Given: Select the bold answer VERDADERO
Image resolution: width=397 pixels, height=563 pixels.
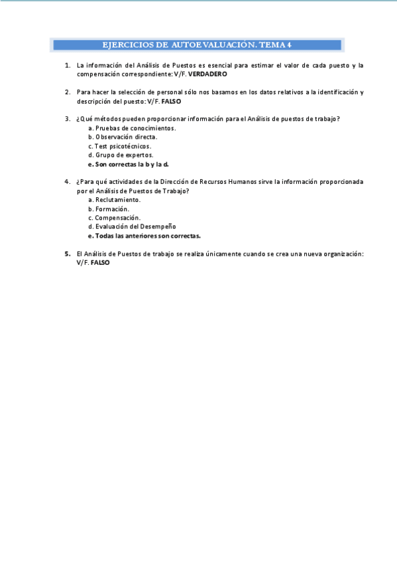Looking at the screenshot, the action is click(x=207, y=74).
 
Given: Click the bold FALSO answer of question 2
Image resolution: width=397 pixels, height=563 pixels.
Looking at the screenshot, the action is click(x=171, y=102).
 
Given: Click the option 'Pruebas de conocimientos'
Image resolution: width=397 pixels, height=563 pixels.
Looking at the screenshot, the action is click(x=132, y=128).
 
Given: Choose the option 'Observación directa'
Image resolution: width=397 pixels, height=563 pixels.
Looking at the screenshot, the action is click(x=126, y=137).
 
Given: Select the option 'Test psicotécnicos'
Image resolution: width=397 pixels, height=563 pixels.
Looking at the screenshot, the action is click(x=123, y=146).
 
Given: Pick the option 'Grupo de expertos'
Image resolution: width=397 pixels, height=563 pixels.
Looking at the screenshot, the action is click(x=124, y=155).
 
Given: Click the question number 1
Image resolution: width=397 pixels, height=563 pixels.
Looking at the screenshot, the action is click(x=68, y=65).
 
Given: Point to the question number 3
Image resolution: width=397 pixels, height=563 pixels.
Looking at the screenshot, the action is click(x=68, y=119).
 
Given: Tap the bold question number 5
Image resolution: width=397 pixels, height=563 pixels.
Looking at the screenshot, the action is click(x=68, y=254).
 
